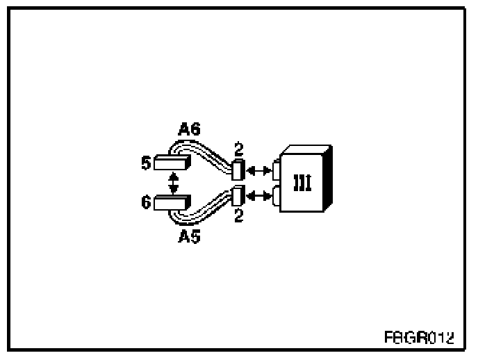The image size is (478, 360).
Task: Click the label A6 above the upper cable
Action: pos(189,130)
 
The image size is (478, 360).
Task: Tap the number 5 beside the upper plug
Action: pos(146,163)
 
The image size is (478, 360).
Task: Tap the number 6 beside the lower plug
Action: pos(146,203)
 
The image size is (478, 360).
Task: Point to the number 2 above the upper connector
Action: pos(239,149)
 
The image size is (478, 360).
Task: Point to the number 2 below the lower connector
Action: pos(239,216)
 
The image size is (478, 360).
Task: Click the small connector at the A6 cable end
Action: pos(238,169)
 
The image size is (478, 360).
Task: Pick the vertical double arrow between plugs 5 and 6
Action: pos(174,183)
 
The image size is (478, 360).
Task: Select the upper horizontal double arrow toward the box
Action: pos(258,169)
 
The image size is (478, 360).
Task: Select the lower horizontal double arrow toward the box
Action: pos(258,197)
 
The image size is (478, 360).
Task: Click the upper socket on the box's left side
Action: pos(276,169)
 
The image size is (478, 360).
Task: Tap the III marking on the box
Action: pos(302,183)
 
